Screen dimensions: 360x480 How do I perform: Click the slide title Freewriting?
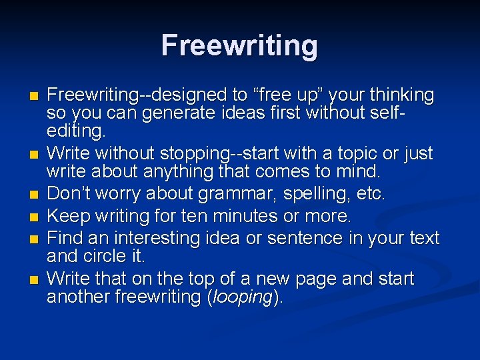(x=239, y=46)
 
